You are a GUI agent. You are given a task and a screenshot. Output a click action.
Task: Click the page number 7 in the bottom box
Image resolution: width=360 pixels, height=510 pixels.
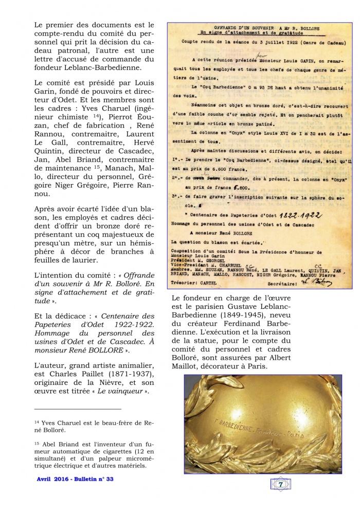[280, 484]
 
